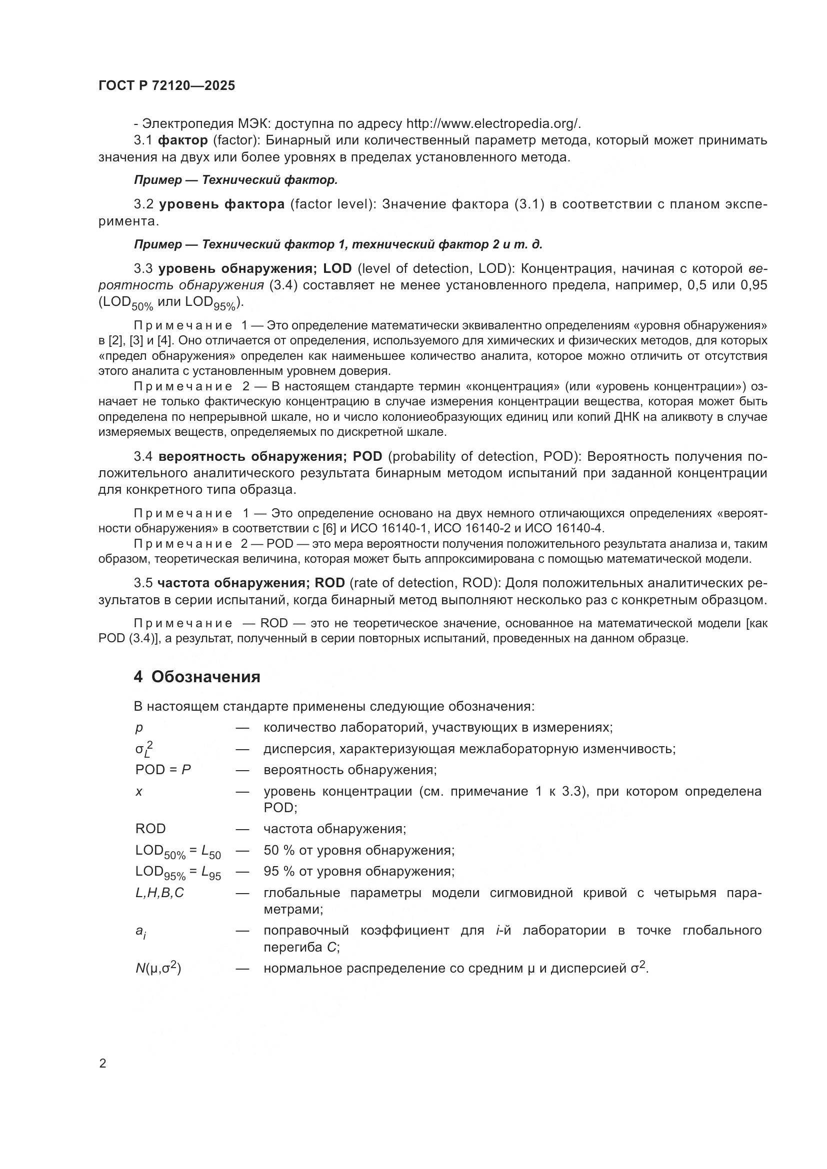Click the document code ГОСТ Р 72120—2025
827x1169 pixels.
coord(166,85)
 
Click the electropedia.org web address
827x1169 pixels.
coord(492,124)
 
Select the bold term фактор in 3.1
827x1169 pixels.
coord(183,140)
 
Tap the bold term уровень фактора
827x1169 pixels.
coord(222,205)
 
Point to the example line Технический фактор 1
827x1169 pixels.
coord(337,244)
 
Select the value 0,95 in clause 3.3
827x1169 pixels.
coord(752,285)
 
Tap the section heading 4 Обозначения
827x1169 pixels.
coord(197,677)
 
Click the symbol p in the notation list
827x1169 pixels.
coord(139,728)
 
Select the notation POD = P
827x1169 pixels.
coord(163,770)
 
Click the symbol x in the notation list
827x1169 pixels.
coord(139,792)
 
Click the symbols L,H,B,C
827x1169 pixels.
coord(159,893)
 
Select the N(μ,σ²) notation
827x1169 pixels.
coord(158,968)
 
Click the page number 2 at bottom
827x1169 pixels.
coord(102,1064)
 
